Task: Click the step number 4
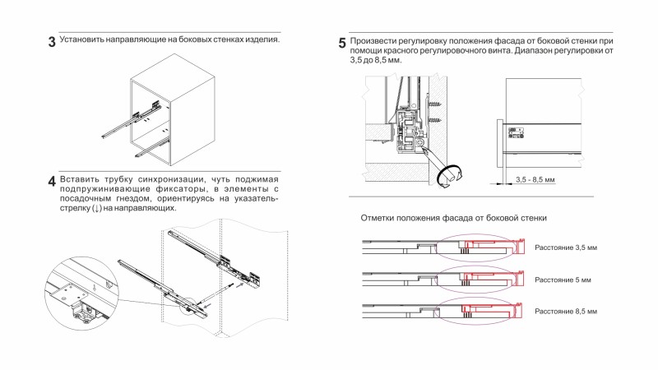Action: coord(51,182)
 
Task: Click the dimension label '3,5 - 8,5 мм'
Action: coord(535,179)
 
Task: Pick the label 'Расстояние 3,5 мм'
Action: coord(566,247)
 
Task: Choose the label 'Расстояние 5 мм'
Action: coord(563,280)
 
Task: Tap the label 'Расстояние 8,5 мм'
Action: coord(566,312)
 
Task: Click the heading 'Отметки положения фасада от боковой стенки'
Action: coord(454,218)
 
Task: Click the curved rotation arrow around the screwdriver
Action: coord(450,174)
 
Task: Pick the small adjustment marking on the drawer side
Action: coord(518,130)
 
